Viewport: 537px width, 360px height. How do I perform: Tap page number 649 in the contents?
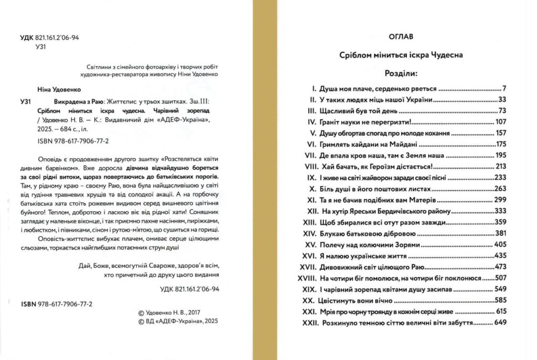tap(499, 323)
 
